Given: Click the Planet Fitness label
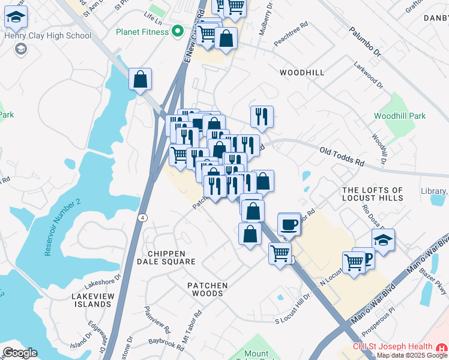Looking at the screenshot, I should [142, 31].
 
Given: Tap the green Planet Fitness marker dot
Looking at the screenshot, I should [177, 31].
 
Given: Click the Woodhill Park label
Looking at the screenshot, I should [399, 116].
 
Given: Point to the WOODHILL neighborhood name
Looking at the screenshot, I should [302, 73].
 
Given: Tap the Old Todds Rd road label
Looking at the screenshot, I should [342, 158].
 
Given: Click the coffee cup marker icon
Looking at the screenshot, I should [289, 223].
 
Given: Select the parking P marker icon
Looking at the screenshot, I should [367, 259].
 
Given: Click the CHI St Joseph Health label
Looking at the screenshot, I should [392, 347].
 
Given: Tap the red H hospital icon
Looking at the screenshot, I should [442, 347].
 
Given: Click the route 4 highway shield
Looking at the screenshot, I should [142, 217].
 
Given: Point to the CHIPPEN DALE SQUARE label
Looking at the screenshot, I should [166, 258].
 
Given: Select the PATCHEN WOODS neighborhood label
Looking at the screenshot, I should [207, 289].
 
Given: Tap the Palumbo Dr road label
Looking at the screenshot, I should [365, 42].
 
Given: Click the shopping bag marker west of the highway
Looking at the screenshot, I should [140, 79].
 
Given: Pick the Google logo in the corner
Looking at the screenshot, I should [20, 353].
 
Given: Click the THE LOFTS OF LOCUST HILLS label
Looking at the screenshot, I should [372, 194].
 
